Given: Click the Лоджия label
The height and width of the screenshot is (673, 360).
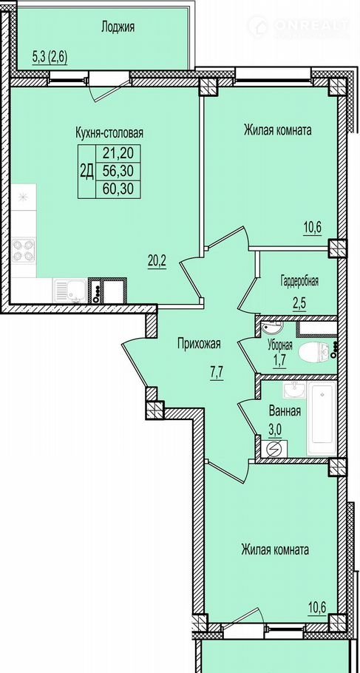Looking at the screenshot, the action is [x=118, y=27].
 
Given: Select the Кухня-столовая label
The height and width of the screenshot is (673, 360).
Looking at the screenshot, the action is [x=109, y=132].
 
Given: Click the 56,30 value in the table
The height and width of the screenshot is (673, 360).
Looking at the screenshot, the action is [x=118, y=172].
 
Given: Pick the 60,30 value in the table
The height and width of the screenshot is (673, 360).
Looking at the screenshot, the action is [x=118, y=189].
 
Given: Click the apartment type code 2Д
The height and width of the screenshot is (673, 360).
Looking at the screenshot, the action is [x=86, y=172].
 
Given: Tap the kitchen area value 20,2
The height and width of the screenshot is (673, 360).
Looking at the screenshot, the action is [x=157, y=260].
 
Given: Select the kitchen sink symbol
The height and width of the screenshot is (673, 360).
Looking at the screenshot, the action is [x=70, y=291].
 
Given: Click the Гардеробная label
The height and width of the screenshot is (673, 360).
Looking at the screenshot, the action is [x=299, y=282].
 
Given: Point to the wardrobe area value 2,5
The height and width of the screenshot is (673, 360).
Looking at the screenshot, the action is [x=300, y=300].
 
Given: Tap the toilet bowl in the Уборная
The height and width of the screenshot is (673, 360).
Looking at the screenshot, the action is [x=314, y=352].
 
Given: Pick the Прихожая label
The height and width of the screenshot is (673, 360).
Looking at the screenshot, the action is [x=199, y=343].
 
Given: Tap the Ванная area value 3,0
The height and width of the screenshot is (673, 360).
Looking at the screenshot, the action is [x=275, y=430].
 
